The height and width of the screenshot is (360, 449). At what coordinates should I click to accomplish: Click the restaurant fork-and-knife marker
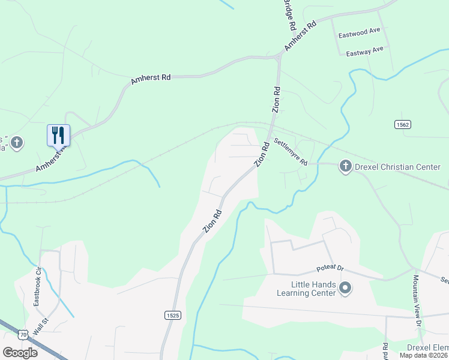(58, 134)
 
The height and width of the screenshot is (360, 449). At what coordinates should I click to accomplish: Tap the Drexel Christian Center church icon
(345, 166)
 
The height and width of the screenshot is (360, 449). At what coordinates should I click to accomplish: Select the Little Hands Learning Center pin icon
(345, 289)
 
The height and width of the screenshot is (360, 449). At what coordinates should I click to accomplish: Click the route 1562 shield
(403, 124)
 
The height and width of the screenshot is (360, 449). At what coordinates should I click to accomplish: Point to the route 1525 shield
(171, 314)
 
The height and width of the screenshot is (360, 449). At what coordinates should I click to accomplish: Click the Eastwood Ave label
(360, 34)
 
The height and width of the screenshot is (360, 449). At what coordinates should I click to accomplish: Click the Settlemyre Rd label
(291, 153)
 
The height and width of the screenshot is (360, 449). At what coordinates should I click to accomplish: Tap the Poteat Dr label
(330, 272)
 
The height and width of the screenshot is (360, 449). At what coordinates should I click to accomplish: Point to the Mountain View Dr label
(417, 301)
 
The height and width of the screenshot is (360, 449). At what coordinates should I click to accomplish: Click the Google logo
(20, 353)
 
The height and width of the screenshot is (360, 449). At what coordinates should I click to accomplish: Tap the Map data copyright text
(424, 355)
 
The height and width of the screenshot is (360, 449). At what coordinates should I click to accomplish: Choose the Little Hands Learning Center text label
(306, 289)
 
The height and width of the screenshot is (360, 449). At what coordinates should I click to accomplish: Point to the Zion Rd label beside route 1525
(212, 219)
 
